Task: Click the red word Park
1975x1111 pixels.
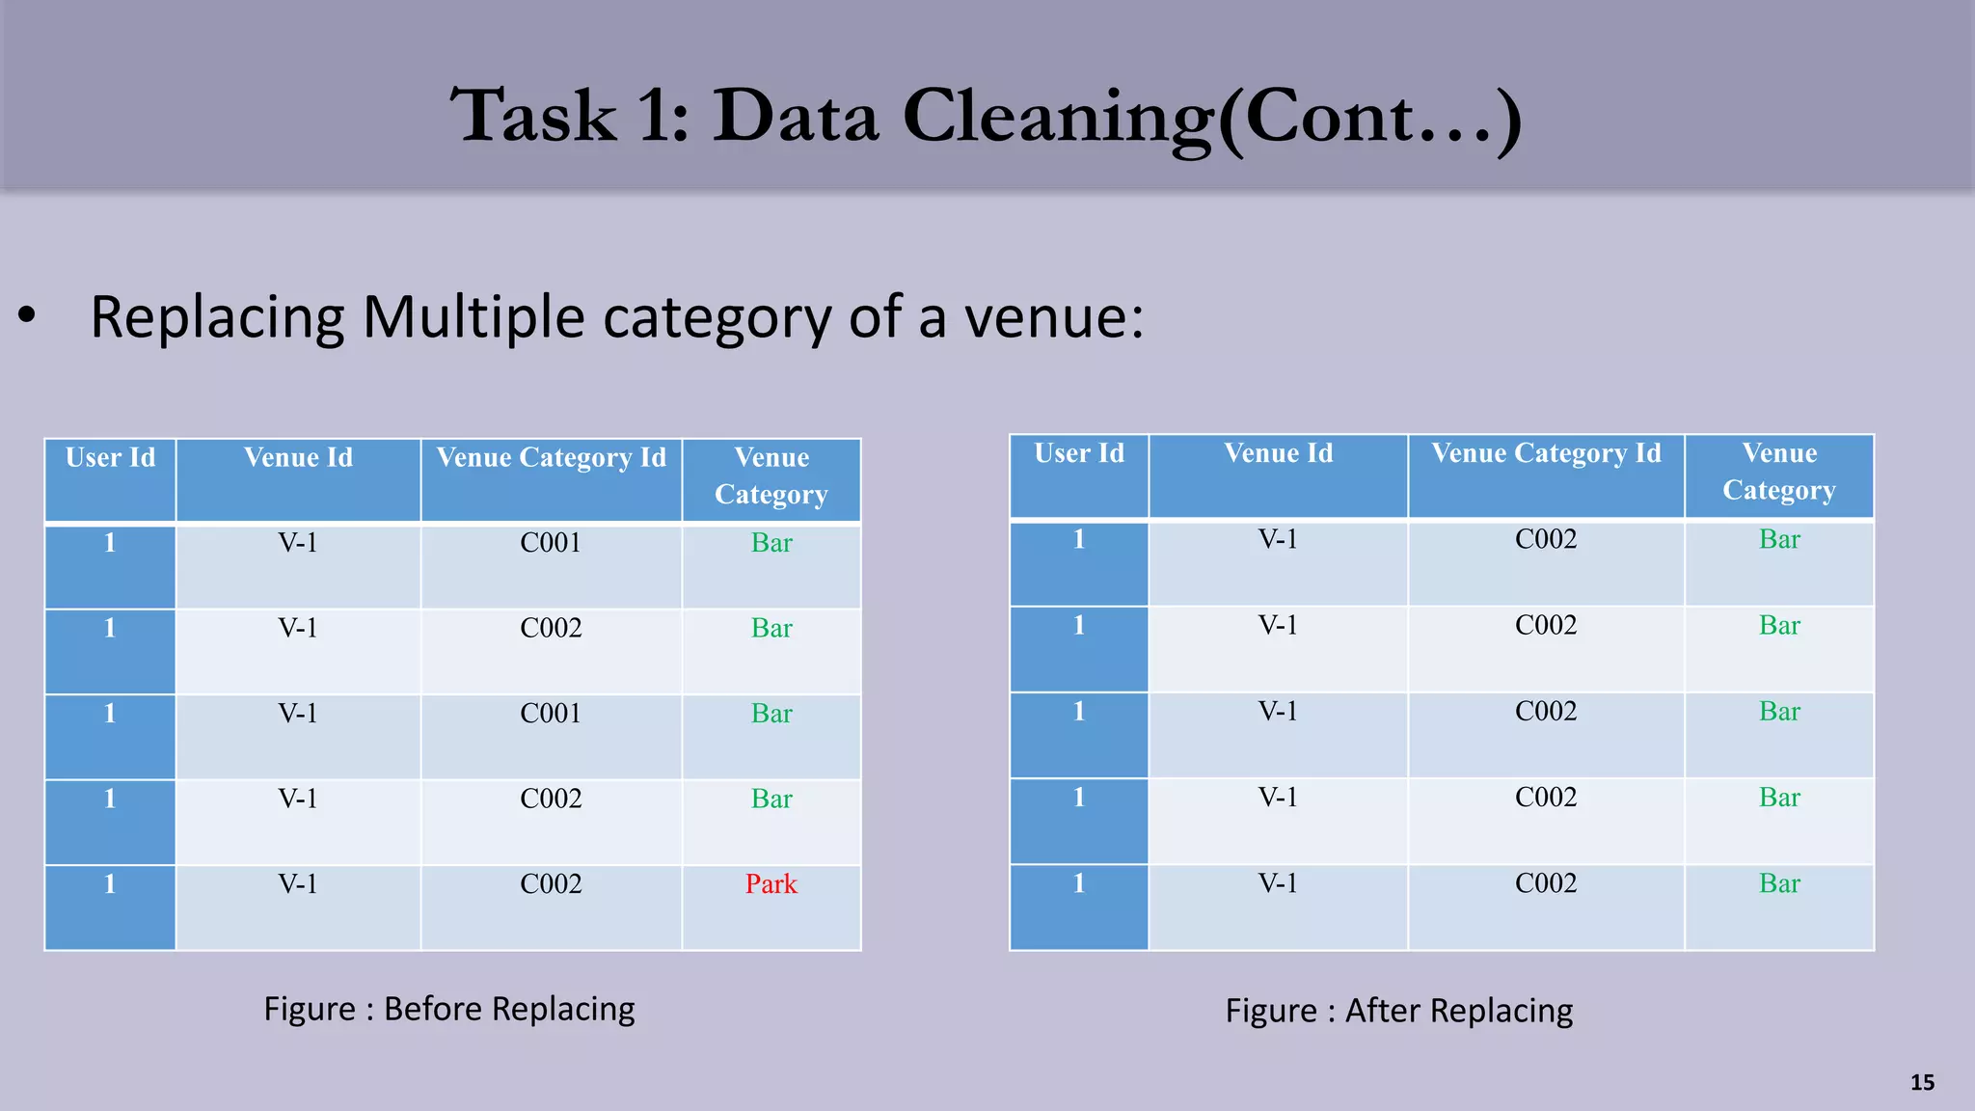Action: click(x=771, y=883)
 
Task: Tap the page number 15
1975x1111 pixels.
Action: click(x=1922, y=1082)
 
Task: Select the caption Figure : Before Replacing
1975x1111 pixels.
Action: click(x=449, y=1009)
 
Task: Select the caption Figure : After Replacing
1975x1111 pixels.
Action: click(x=1398, y=1011)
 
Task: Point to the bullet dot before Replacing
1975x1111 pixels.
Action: click(x=27, y=315)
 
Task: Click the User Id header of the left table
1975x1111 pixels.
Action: click(x=110, y=457)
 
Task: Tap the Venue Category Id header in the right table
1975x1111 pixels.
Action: click(x=1546, y=453)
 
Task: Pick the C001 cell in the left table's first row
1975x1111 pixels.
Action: click(x=551, y=543)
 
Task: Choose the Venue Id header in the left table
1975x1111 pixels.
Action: click(x=298, y=457)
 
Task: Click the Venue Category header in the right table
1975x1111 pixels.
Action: click(x=1779, y=472)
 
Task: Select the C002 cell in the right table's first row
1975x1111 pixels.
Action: click(x=1546, y=539)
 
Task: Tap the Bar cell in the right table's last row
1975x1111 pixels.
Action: click(x=1779, y=883)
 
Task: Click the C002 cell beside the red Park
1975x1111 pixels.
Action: click(x=551, y=883)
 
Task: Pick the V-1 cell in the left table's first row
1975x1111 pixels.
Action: click(x=298, y=543)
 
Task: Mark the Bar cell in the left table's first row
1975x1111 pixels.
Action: click(x=771, y=543)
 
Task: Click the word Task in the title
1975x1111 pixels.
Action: click(x=533, y=118)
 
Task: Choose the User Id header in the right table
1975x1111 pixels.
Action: click(x=1079, y=453)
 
